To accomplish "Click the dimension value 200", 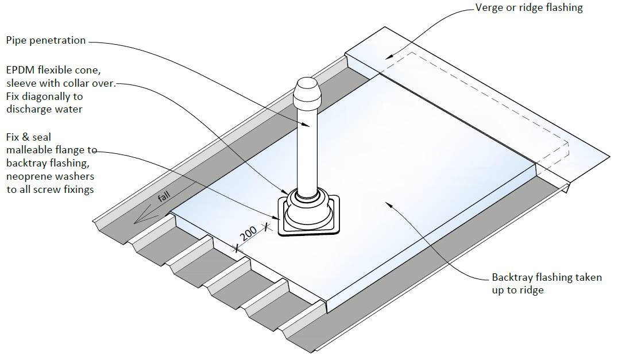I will [x=248, y=234].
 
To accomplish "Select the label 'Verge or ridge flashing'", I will [x=529, y=8].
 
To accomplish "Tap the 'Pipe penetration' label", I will [x=46, y=41].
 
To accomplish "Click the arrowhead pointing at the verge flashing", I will [x=388, y=56].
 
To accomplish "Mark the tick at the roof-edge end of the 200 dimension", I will [x=236, y=249].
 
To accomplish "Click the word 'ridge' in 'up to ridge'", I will [x=531, y=291].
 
